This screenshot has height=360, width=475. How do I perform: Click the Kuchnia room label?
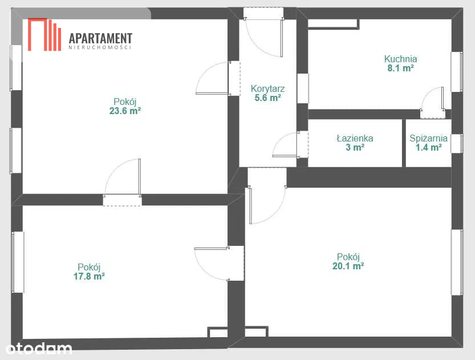click(x=400, y=59)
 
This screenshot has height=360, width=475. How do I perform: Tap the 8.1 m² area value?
click(x=400, y=68)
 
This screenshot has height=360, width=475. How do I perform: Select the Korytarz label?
click(x=268, y=89)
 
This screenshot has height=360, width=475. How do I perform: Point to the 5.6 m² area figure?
click(x=268, y=98)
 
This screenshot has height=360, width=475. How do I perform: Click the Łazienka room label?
click(x=355, y=139)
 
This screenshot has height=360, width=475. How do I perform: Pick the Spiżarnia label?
click(x=428, y=139)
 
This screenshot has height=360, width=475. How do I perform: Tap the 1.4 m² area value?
click(x=428, y=148)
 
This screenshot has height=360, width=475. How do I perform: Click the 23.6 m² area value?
click(x=125, y=111)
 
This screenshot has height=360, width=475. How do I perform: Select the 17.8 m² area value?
click(x=89, y=276)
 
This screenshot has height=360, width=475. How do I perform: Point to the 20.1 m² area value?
click(x=348, y=266)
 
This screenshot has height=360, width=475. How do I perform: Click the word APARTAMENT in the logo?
click(x=100, y=38)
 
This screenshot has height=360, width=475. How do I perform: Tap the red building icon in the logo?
click(x=44, y=35)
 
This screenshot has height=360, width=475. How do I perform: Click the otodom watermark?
click(x=38, y=348)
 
